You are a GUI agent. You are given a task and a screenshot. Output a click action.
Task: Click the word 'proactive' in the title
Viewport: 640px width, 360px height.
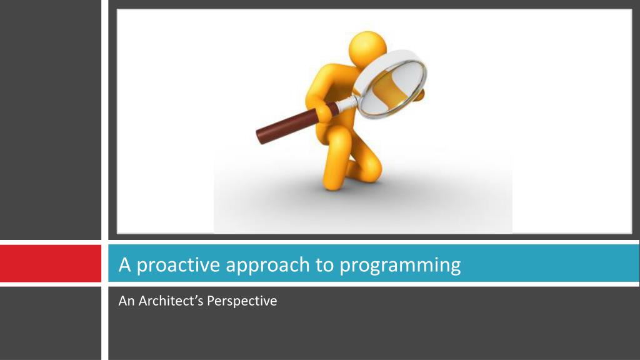click(178, 265)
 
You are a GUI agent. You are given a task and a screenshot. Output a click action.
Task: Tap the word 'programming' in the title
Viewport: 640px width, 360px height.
click(400, 265)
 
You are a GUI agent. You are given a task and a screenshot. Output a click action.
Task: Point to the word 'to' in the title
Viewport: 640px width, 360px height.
click(325, 265)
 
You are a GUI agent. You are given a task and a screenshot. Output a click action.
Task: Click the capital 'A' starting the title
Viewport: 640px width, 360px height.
click(124, 264)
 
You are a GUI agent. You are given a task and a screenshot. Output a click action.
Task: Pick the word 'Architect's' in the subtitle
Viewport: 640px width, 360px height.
click(171, 301)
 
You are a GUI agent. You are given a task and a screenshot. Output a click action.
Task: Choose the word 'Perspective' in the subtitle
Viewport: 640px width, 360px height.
click(242, 301)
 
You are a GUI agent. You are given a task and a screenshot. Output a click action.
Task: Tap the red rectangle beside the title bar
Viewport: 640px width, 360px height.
click(51, 263)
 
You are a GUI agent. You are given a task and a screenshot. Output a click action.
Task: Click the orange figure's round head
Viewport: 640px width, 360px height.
click(367, 47)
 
